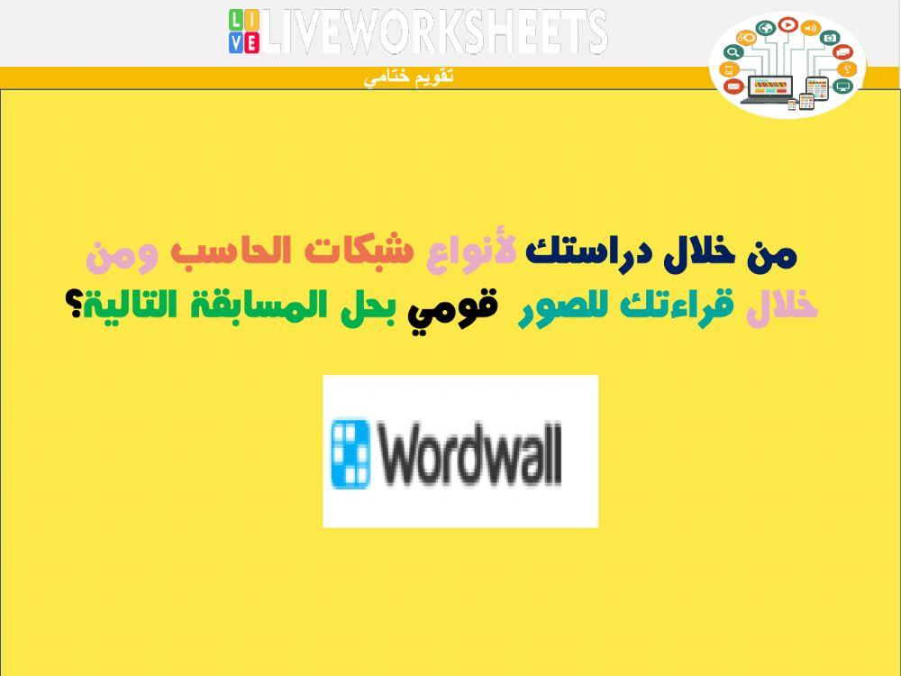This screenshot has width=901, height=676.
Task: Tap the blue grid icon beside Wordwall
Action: point(350,453)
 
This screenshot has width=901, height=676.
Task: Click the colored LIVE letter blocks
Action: point(243,32)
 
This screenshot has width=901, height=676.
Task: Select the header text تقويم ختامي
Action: point(408,78)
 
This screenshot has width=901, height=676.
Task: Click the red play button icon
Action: point(787,26)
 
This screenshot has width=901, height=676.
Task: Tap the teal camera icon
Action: point(830,38)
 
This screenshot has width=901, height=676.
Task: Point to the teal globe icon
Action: point(765,29)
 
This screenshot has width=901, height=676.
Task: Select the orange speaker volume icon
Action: point(810,29)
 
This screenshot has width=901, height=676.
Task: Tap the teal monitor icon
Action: point(842,87)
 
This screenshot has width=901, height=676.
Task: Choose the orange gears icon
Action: point(745,37)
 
